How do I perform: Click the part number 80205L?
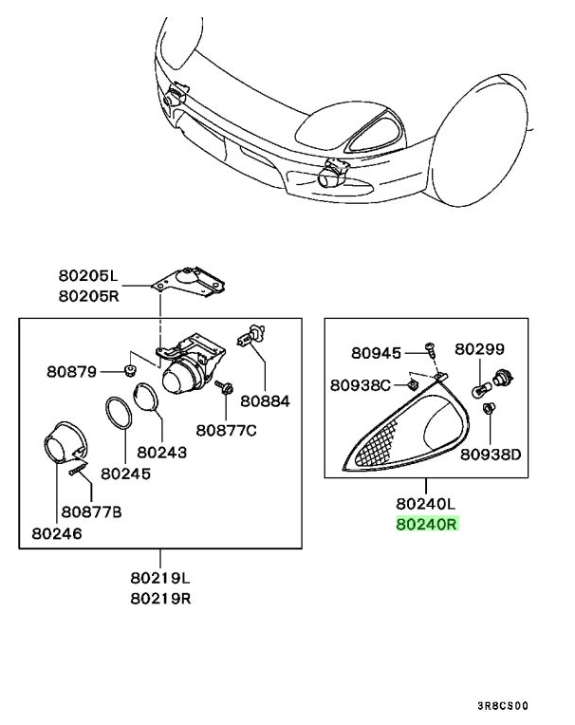click(x=86, y=276)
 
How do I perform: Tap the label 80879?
click(x=72, y=371)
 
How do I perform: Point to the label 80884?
click(x=265, y=401)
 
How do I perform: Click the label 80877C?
click(x=227, y=430)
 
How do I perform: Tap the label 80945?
click(x=376, y=352)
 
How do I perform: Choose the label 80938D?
click(x=492, y=453)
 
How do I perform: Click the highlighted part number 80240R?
click(x=426, y=523)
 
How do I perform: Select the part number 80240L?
click(x=426, y=504)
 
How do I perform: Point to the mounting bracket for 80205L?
click(x=194, y=285)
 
